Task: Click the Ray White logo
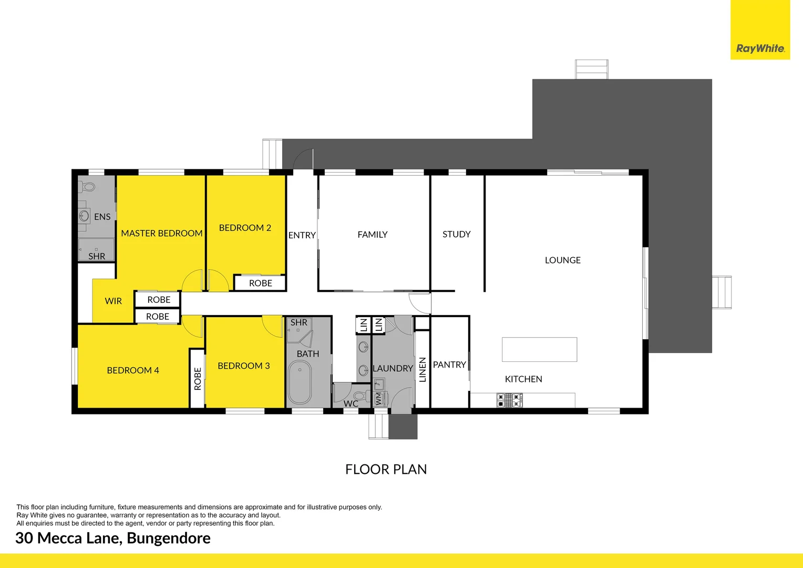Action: [x=760, y=48]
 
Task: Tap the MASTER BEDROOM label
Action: [x=161, y=233]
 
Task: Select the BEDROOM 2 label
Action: [x=245, y=228]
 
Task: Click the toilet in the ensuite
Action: [x=88, y=187]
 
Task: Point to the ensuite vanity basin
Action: [x=84, y=216]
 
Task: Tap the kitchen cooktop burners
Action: [x=509, y=401]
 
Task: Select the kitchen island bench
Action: [x=539, y=349]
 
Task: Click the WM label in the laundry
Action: [x=378, y=399]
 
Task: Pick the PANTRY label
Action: [x=449, y=364]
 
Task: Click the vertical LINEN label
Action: [x=423, y=369]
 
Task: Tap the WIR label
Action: [x=113, y=301]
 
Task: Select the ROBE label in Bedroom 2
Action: [x=260, y=283]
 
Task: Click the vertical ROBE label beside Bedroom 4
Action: [x=198, y=379]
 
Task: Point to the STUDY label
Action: [x=456, y=234]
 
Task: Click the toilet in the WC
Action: [x=360, y=396]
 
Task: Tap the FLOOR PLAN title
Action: [x=386, y=469]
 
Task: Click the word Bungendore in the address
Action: [x=169, y=538]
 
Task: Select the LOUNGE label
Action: [x=562, y=260]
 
